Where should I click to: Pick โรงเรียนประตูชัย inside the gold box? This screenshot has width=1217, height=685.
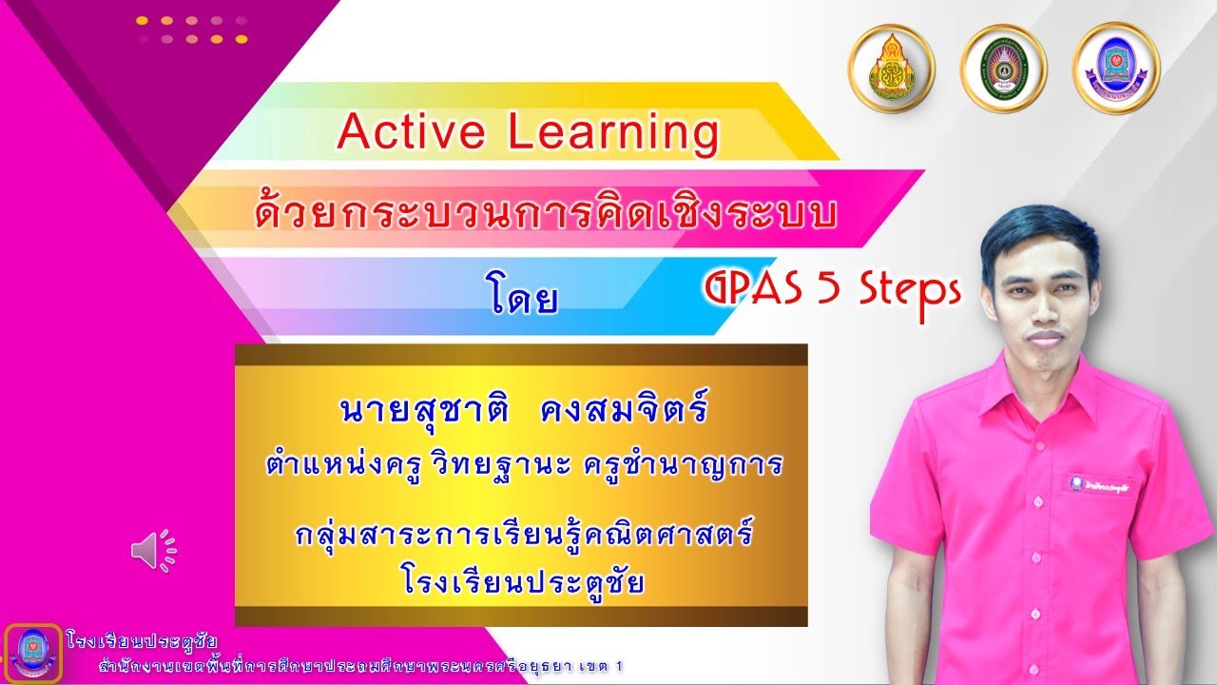(x=522, y=579)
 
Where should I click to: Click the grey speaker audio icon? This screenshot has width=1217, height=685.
(x=153, y=551)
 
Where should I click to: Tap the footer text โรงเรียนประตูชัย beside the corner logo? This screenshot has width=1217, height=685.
(x=143, y=639)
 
